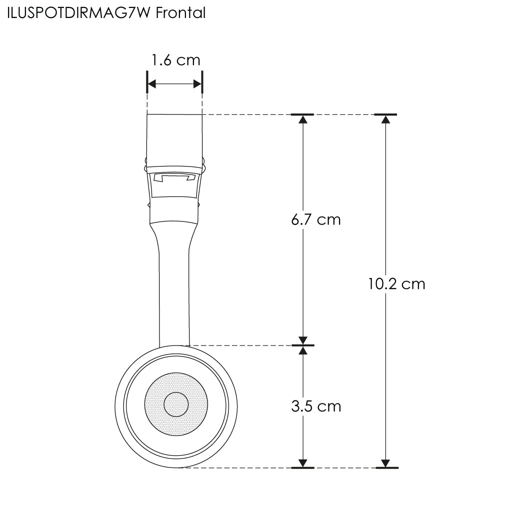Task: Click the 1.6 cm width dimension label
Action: [176, 60]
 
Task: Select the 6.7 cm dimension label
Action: [316, 220]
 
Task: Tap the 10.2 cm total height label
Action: [396, 284]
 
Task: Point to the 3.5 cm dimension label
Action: [316, 406]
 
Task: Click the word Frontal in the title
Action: [180, 13]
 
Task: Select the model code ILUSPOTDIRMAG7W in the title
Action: [79, 13]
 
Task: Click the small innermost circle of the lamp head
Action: [176, 404]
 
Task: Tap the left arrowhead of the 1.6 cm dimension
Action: [152, 84]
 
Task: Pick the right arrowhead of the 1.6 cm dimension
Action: [197, 84]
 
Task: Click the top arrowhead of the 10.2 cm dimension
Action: [385, 119]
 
